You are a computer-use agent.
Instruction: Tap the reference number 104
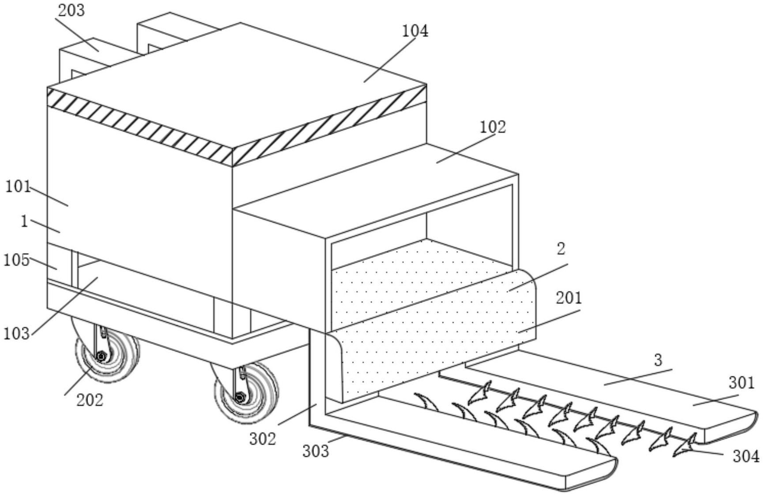[415, 31]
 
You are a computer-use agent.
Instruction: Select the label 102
[493, 127]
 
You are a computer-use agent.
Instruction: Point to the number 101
[18, 187]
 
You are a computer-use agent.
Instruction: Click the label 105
[16, 260]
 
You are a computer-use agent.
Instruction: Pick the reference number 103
[17, 334]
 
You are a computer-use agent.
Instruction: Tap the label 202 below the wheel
[90, 400]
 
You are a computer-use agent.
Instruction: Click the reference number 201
[569, 298]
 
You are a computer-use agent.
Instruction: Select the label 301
[741, 383]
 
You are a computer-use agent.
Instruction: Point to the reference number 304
[746, 456]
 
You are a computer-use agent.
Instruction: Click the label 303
[316, 451]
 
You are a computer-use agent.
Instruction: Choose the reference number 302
[263, 438]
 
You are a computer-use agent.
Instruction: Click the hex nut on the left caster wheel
[101, 355]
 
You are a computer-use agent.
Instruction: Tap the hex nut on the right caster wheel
[240, 397]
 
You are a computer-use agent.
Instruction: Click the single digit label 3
[658, 360]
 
